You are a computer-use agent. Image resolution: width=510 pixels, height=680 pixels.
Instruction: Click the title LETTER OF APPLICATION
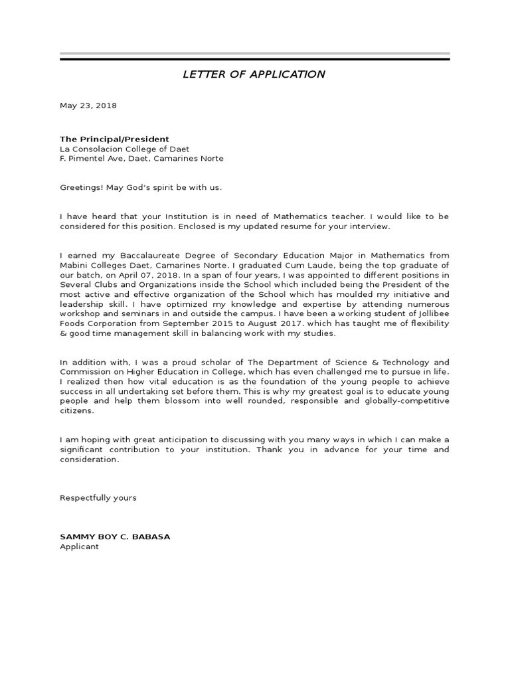254,74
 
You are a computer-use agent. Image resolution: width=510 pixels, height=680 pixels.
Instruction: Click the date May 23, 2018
88,106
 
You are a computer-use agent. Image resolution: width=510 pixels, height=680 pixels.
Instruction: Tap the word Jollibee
432,314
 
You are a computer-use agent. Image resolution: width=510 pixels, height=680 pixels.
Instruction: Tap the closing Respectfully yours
98,498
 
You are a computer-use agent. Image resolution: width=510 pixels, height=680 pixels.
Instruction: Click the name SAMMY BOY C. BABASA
115,537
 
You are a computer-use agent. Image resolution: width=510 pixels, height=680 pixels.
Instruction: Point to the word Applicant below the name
79,547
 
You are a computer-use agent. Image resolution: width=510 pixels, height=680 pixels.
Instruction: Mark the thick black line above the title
254,60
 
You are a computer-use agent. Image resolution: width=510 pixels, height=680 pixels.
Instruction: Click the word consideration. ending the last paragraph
90,459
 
